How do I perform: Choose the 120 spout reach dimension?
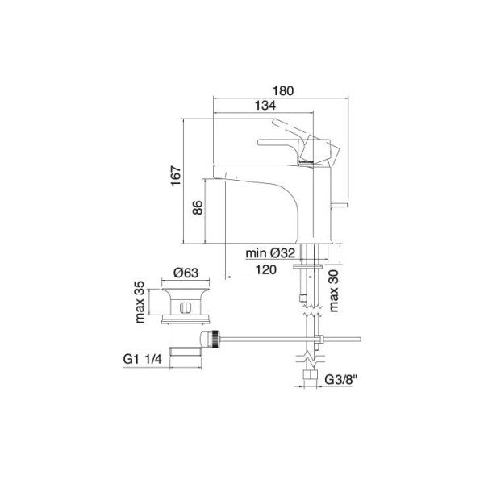(x=260, y=270)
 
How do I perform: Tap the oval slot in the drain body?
(x=184, y=307)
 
